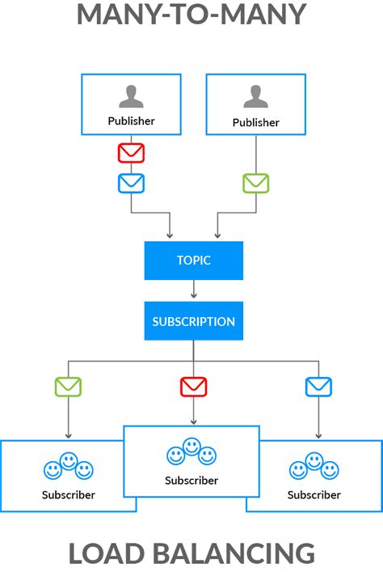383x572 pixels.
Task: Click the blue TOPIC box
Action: [x=193, y=261]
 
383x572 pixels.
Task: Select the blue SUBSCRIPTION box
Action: [x=193, y=321]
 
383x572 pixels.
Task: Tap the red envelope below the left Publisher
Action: [x=131, y=152]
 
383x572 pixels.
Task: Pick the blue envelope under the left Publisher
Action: [x=131, y=183]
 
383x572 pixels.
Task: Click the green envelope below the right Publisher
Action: [x=255, y=183]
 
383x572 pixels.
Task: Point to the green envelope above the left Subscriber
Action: [x=68, y=387]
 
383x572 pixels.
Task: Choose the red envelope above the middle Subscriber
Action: [x=193, y=387]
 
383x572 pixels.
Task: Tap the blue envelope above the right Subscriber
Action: [x=318, y=387]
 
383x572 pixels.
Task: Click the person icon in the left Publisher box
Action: [x=131, y=96]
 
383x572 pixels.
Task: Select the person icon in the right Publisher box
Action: [x=255, y=96]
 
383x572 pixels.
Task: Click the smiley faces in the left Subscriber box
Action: [x=68, y=467]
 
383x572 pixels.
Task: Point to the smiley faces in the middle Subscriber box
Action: [x=191, y=452]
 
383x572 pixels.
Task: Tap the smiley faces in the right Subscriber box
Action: [x=314, y=467]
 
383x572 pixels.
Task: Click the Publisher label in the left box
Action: [x=131, y=121]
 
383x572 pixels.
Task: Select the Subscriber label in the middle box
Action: [x=191, y=481]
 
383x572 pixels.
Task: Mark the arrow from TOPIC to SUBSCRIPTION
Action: [x=193, y=290]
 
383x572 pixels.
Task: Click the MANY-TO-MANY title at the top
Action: [x=191, y=15]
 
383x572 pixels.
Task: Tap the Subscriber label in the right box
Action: [x=314, y=494]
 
